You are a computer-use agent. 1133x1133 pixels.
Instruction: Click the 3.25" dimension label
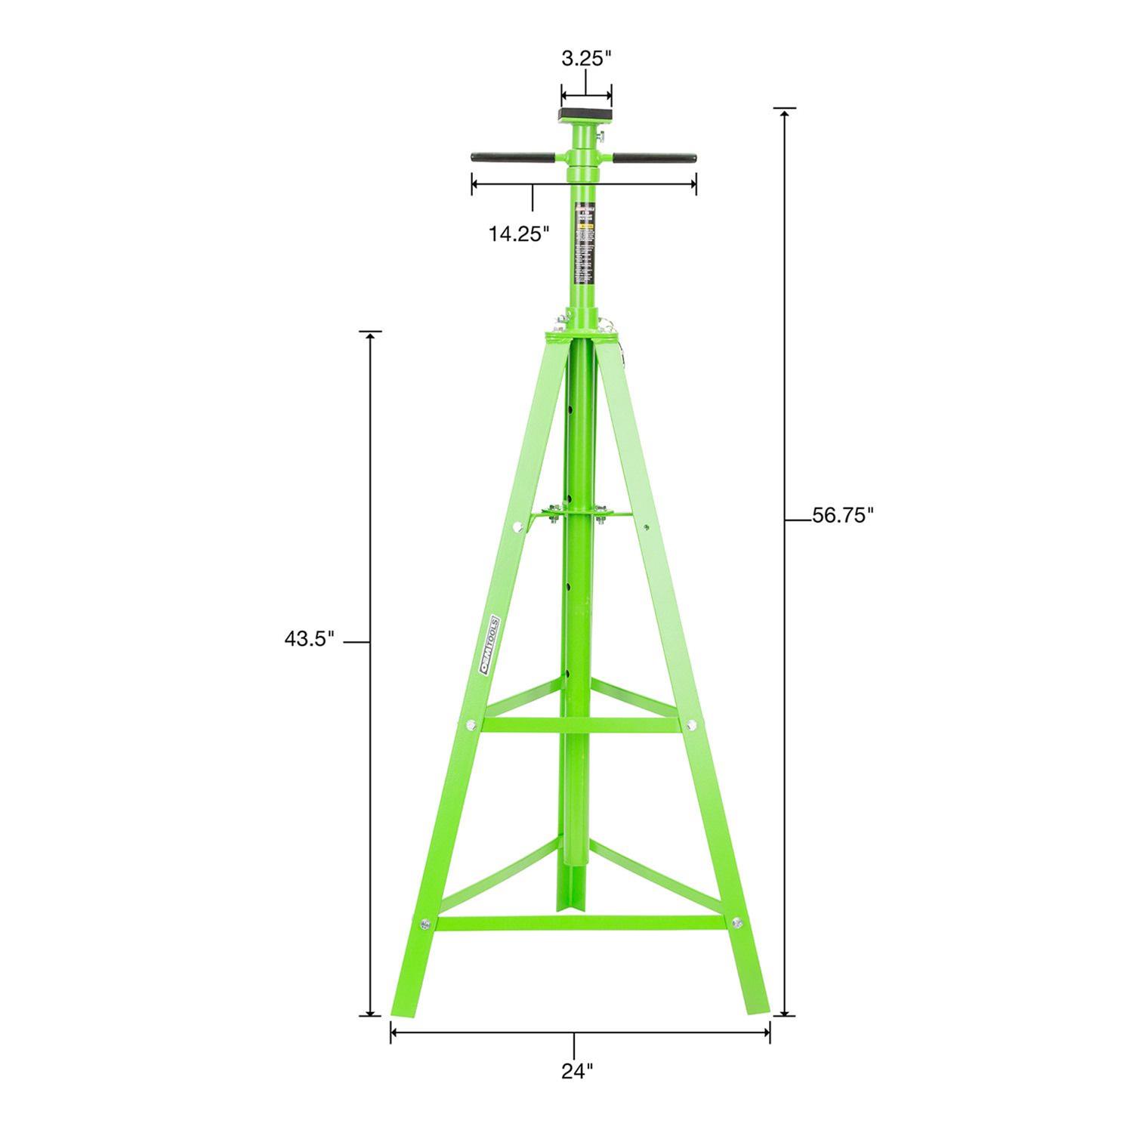(585, 59)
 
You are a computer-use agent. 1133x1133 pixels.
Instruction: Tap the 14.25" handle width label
(518, 233)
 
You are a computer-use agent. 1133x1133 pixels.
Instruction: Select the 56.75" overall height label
(842, 516)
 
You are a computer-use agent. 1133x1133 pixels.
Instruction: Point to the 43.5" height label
(309, 639)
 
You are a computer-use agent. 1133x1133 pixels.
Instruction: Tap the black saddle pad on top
(585, 116)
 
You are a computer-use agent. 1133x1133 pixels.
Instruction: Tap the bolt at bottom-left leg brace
(424, 923)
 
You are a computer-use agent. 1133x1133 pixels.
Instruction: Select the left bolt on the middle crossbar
(469, 725)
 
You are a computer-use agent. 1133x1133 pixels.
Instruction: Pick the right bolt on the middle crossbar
(692, 724)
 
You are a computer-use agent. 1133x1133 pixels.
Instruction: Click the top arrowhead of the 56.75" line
(786, 113)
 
